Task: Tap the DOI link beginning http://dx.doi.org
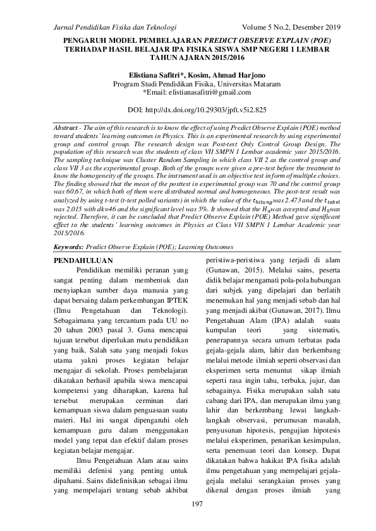(x=207, y=110)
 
